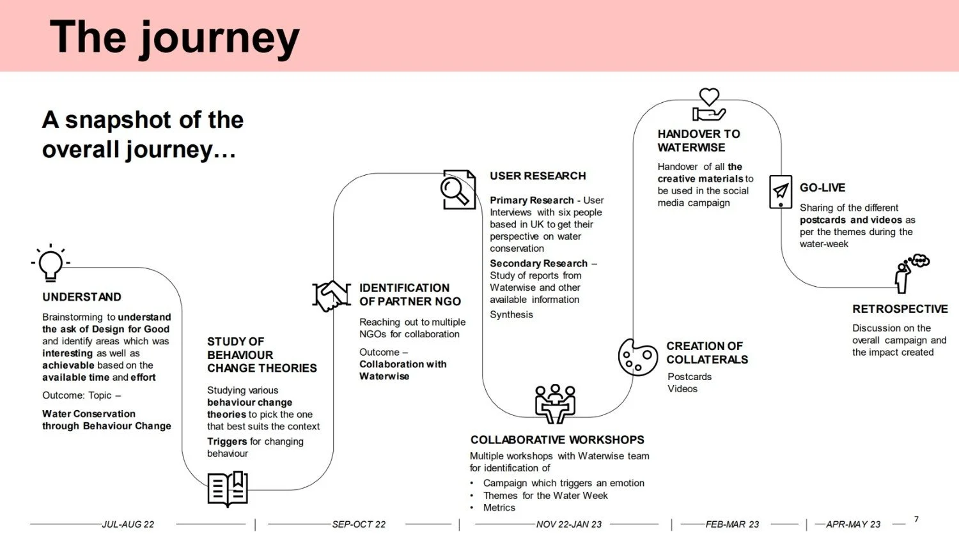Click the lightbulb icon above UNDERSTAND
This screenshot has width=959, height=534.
[x=51, y=263]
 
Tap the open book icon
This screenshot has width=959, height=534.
[x=228, y=489]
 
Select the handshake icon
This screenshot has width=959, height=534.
[x=331, y=296]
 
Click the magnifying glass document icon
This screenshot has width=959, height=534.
[x=458, y=189]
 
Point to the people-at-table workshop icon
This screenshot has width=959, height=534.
[x=555, y=403]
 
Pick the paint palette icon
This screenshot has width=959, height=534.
[x=637, y=357]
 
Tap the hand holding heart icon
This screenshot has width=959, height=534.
[x=709, y=105]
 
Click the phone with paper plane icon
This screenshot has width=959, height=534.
[x=780, y=191]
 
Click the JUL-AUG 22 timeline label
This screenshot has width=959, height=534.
[x=128, y=524]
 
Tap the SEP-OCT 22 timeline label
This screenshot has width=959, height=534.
[x=359, y=524]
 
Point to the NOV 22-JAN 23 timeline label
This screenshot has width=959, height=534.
[x=569, y=524]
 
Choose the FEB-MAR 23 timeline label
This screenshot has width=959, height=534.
[x=732, y=524]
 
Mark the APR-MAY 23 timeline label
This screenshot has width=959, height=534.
[x=853, y=524]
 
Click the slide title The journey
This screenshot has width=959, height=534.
[x=175, y=37]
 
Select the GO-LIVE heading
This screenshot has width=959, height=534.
[x=822, y=188]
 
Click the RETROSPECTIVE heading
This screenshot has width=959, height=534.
[x=900, y=309]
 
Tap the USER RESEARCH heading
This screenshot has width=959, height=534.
[x=538, y=176]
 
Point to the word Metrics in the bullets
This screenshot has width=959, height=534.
[x=499, y=508]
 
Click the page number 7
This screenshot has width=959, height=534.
[x=916, y=519]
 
